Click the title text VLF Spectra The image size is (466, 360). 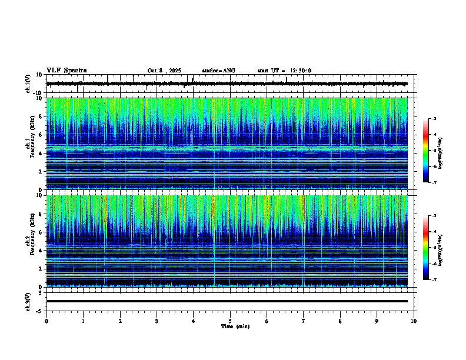click(x=66, y=71)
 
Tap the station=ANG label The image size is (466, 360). click(x=218, y=71)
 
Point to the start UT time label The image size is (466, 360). click(x=284, y=71)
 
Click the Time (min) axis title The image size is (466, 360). click(x=234, y=326)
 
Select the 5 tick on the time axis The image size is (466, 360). click(x=230, y=321)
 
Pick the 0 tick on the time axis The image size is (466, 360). click(x=46, y=321)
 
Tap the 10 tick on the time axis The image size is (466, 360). click(x=414, y=321)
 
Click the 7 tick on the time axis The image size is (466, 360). click(x=304, y=321)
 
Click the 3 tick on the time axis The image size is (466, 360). click(x=157, y=321)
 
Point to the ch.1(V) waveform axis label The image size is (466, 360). click(x=28, y=84)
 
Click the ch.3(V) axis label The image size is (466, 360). click(x=28, y=301)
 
